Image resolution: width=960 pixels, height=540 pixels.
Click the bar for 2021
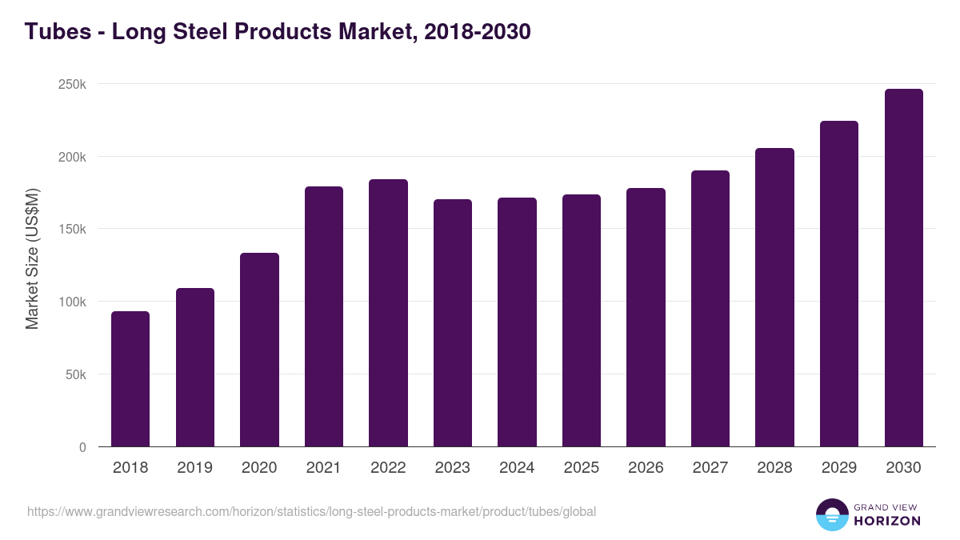coord(324,317)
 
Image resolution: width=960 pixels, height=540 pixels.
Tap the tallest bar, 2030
coord(903,268)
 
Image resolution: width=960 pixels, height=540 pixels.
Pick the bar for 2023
coord(453,323)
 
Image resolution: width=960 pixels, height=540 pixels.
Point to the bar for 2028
coord(774,298)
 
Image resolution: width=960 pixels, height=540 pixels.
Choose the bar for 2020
coord(259,350)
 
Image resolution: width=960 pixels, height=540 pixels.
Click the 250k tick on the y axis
coord(72,84)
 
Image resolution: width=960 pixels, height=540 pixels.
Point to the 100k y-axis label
coord(72,302)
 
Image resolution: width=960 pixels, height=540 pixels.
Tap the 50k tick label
coord(74,374)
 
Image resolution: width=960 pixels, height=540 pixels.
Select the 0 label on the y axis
coord(82,447)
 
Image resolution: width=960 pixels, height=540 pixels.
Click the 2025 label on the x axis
coord(582,468)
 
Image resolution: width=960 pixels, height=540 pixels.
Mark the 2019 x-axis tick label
coord(194,468)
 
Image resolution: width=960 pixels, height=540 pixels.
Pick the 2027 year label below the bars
coord(710,468)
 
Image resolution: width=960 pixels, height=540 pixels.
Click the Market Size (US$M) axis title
coord(32,258)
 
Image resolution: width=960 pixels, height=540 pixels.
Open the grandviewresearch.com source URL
coord(311,511)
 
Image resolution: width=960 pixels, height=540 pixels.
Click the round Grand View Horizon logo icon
coord(831,514)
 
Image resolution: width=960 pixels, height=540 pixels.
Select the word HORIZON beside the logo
coord(887,521)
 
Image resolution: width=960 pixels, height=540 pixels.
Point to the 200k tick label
coord(72,157)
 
